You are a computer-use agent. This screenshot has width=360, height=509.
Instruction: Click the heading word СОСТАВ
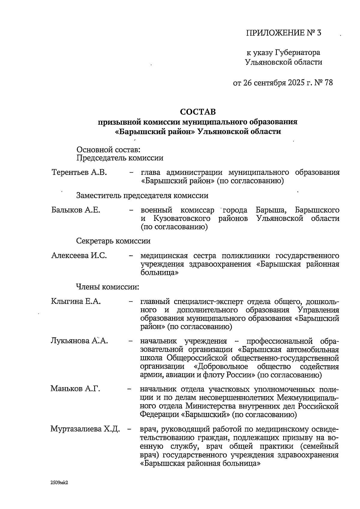(x=198, y=112)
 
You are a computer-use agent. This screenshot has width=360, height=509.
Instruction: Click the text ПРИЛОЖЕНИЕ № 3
(x=283, y=33)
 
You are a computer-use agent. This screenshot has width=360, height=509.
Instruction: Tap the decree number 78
(x=328, y=83)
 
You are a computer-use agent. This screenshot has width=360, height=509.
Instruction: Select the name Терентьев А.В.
(x=79, y=173)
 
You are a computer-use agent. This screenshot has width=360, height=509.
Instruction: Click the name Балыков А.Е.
(x=76, y=210)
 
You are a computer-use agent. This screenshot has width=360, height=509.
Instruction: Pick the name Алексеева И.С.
(x=79, y=256)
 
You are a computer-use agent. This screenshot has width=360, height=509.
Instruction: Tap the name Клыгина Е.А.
(x=76, y=301)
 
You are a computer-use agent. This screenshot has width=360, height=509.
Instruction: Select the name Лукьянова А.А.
(x=79, y=341)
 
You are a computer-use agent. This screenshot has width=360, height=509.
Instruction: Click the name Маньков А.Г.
(x=75, y=389)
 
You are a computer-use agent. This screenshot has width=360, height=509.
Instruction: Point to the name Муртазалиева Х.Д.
(x=85, y=429)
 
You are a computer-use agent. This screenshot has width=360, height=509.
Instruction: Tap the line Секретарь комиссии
(x=113, y=241)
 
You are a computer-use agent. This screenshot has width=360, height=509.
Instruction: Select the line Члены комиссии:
(x=108, y=287)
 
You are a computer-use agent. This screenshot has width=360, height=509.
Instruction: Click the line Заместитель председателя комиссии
(x=142, y=196)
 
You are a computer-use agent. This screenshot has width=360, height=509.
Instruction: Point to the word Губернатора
(x=297, y=53)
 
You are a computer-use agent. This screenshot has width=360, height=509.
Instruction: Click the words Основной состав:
(x=108, y=149)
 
